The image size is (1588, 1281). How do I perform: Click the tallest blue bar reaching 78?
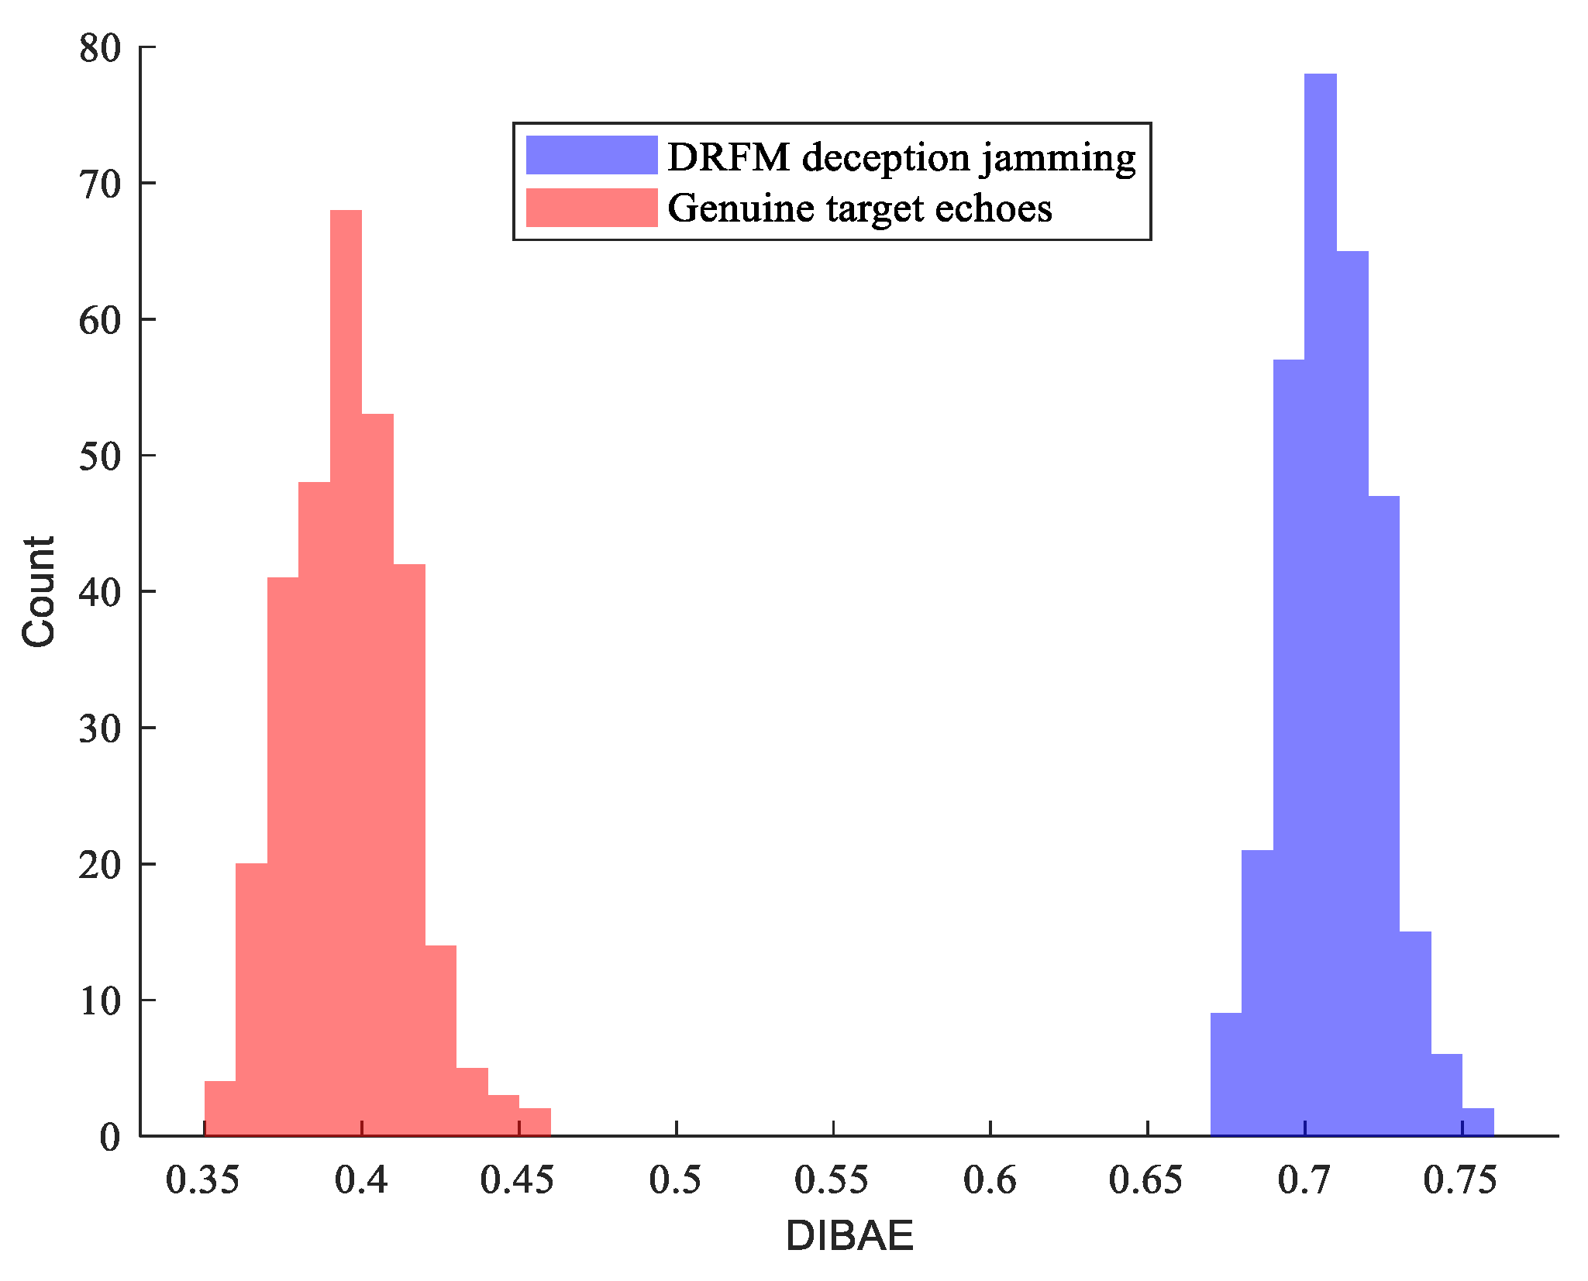[x=1320, y=604]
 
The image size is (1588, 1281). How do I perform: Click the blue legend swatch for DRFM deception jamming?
[x=591, y=156]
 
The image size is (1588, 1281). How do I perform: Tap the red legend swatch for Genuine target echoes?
[x=591, y=208]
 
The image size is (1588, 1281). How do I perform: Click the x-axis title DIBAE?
[x=849, y=1235]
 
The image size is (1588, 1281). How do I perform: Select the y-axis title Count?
[x=39, y=591]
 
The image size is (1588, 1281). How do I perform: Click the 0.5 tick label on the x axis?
[x=675, y=1180]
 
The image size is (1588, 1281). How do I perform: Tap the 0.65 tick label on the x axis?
[x=1145, y=1180]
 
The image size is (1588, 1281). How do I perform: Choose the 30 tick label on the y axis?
[x=101, y=728]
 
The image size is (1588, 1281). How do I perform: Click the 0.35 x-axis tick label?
[x=203, y=1180]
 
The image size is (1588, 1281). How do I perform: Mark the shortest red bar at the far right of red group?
[x=535, y=1123]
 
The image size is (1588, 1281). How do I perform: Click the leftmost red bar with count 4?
[x=220, y=1109]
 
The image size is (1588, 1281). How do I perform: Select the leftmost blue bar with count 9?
[x=1226, y=1075]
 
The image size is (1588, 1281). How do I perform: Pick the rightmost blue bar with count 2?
[x=1478, y=1123]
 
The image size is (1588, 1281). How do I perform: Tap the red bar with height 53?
[x=377, y=775]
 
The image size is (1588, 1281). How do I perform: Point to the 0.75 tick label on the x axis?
[x=1460, y=1180]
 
